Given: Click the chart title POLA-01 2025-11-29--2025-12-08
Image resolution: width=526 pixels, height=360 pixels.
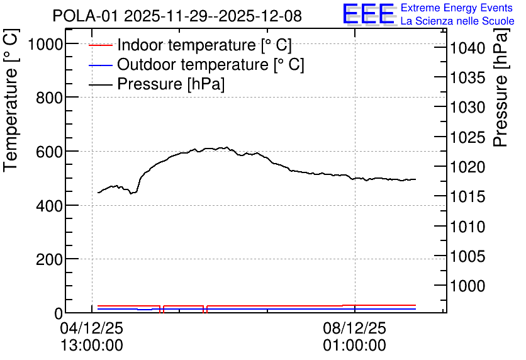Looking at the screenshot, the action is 177,16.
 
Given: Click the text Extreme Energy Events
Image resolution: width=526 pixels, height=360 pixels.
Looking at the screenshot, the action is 457,8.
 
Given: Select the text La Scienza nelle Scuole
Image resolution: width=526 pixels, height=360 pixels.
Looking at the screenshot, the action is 457,21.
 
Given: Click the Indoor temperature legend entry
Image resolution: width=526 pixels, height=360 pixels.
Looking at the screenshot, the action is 190,45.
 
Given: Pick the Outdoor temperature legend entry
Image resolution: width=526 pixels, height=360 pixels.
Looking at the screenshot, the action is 196,64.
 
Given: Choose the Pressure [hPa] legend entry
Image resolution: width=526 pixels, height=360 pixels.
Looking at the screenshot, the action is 157,84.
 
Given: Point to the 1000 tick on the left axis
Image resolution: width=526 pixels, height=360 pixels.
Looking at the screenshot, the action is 46,44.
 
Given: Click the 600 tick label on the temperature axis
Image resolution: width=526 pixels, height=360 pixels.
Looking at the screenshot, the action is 49,152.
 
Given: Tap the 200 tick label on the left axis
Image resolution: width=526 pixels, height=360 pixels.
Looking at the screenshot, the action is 49,259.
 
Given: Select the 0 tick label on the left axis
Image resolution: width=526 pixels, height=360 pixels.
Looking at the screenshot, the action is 59,313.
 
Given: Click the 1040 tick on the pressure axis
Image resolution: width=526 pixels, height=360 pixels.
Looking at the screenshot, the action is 467,48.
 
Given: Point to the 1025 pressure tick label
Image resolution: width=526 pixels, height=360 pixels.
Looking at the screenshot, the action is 467,137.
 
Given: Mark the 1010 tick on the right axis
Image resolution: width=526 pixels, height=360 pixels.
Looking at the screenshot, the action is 467,227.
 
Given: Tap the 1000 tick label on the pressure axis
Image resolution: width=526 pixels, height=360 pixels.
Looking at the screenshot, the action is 467,286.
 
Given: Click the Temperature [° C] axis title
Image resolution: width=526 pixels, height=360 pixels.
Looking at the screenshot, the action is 11,101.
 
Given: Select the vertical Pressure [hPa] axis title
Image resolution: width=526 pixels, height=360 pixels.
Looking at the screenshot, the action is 500,87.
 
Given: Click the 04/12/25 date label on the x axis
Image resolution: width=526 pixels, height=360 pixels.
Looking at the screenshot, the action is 92,328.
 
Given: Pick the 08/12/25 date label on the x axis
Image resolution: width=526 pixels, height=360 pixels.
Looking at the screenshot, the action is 355,328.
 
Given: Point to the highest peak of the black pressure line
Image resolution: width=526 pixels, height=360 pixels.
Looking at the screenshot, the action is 227,147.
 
